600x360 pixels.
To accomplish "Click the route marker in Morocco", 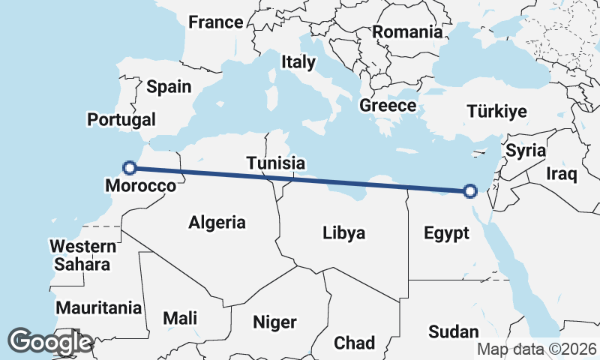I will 130,168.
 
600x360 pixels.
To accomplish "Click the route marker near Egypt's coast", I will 470,191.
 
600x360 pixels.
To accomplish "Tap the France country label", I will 216,22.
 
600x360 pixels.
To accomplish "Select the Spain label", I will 169,87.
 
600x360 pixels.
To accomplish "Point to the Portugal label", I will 121,119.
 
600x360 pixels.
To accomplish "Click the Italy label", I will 298,62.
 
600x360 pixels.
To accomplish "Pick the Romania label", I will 407,32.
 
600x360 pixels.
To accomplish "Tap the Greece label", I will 387,106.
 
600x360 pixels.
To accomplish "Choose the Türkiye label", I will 496,112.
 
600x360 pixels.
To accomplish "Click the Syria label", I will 526,150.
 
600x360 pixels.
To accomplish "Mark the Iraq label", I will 561,175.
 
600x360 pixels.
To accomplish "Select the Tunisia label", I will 276,163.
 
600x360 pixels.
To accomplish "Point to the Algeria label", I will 217,222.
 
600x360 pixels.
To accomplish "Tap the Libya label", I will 343,232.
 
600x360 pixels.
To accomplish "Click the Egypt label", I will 446,232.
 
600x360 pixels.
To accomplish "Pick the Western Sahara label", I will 82,255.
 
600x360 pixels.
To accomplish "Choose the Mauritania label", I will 99,307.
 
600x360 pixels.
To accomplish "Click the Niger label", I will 274,322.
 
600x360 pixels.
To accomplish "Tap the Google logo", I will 49,342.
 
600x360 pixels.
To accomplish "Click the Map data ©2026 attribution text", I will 537,349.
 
